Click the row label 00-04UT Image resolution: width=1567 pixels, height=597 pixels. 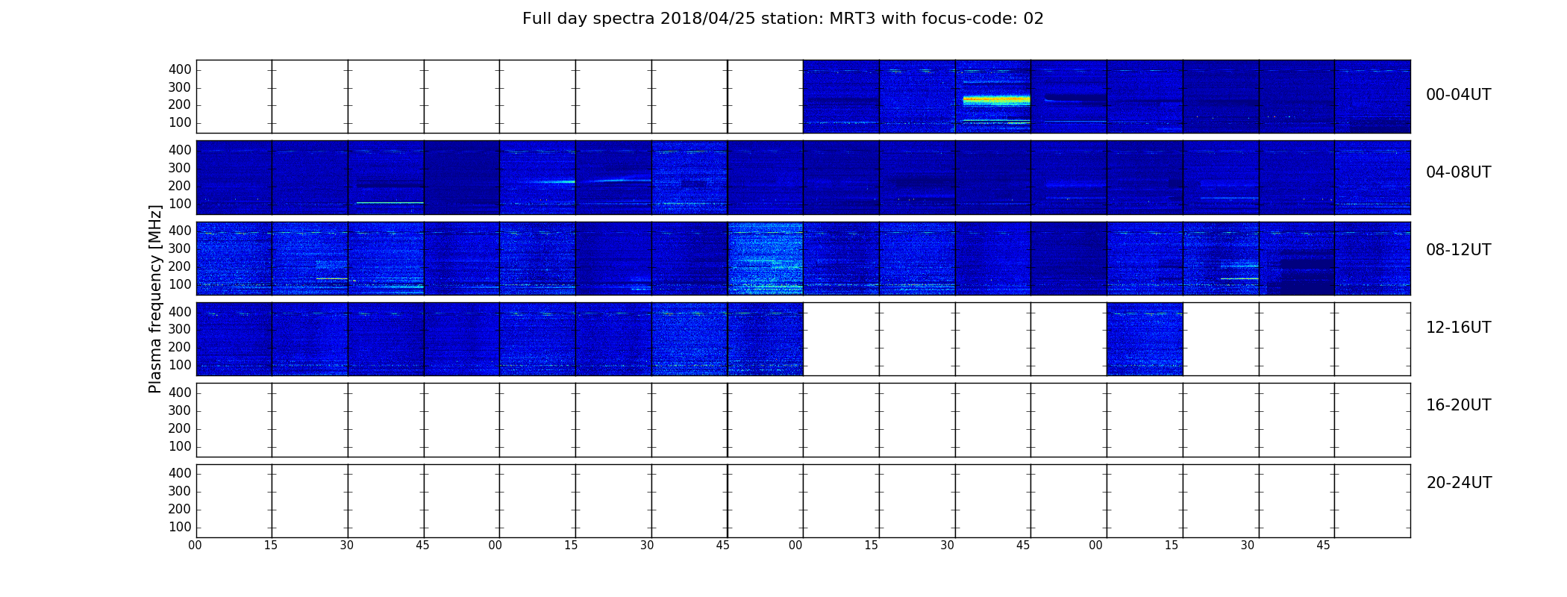[x=1458, y=95]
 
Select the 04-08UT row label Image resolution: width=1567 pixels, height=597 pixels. [x=1458, y=172]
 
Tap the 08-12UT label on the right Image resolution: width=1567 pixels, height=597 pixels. [x=1458, y=250]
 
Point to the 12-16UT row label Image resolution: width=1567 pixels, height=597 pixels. [x=1458, y=328]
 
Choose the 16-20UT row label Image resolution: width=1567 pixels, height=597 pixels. [x=1458, y=405]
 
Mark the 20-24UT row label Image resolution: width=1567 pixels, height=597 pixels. [x=1459, y=483]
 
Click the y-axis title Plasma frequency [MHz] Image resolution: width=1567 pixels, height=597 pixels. [x=155, y=298]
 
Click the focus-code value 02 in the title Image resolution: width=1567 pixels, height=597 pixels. [x=1033, y=19]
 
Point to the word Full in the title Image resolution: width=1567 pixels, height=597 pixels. [x=538, y=19]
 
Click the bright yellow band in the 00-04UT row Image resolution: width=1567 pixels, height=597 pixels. [x=996, y=100]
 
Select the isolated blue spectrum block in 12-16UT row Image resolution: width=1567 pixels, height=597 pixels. [x=1145, y=339]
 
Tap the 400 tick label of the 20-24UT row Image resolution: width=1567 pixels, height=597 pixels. [x=180, y=473]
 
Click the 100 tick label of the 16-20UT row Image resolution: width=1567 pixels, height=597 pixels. [x=180, y=446]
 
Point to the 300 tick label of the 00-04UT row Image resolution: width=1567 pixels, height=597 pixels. [x=180, y=87]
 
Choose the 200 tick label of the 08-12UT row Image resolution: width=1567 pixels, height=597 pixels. [x=180, y=266]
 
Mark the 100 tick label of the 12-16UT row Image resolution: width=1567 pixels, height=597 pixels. [x=180, y=365]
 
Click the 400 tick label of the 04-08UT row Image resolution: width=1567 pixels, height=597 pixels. [x=180, y=150]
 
